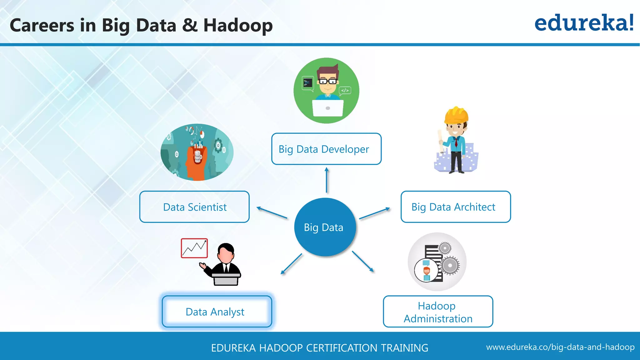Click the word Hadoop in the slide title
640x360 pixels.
coord(238,25)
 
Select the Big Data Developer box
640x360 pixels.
coord(326,149)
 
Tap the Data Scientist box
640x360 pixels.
coord(194,207)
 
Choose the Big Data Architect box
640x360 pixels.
coord(455,207)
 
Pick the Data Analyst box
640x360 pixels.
coord(217,312)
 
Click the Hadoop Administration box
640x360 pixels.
coord(438,312)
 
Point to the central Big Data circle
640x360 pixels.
coord(325,227)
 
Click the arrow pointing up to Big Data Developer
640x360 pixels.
coord(327,180)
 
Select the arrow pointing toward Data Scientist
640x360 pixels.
coord(272,212)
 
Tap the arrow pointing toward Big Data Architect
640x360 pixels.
coord(374,213)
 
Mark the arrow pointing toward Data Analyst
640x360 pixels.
coord(291,264)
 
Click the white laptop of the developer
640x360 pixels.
coord(327,108)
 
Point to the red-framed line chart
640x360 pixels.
coord(194,248)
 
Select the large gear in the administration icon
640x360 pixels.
coord(450,266)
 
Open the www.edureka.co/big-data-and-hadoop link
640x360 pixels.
coord(560,347)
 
